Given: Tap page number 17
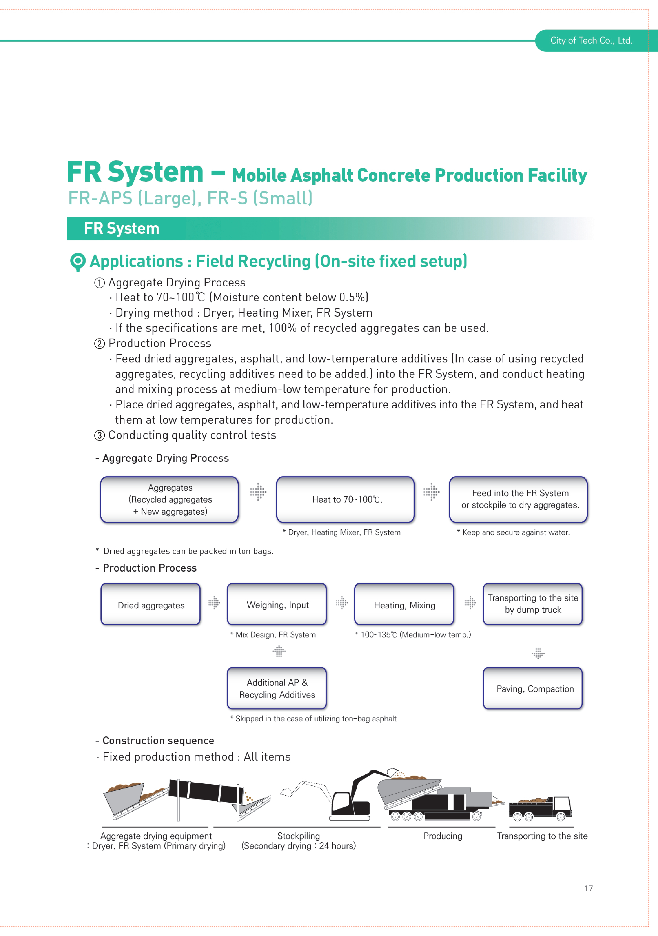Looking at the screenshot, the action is pos(588,888).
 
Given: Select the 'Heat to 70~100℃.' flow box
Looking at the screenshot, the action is pos(345,499).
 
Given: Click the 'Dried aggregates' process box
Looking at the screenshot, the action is pos(151,604).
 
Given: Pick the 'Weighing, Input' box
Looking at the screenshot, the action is pos(277,604).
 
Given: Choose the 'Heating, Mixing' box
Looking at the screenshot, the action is pos(404,604).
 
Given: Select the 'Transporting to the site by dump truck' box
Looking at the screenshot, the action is pos(533,604).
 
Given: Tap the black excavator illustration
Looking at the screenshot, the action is pos(359,795).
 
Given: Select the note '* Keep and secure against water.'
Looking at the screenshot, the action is pos(513,532).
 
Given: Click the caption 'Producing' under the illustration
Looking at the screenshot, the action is pos(443,836).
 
